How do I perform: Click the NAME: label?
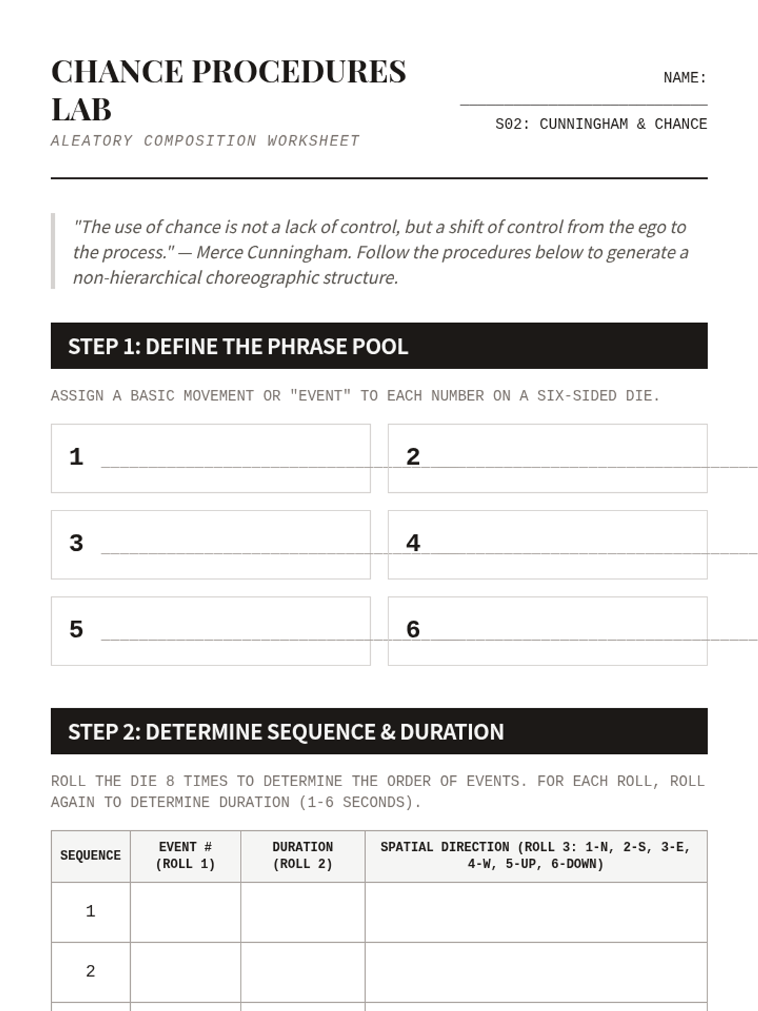click(685, 78)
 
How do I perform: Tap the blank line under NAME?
click(583, 103)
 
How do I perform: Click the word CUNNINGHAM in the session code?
click(584, 124)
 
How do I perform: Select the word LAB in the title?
click(81, 109)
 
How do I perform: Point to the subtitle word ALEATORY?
click(92, 141)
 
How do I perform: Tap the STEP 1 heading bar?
click(379, 346)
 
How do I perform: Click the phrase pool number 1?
click(76, 457)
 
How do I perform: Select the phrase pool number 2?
click(413, 457)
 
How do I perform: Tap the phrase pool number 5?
click(76, 629)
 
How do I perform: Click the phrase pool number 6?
click(413, 629)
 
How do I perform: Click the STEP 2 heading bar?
click(379, 731)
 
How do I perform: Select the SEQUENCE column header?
click(90, 856)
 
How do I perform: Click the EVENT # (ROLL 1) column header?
click(185, 856)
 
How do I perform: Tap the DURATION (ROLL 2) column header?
click(303, 856)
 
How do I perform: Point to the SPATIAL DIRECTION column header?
click(536, 856)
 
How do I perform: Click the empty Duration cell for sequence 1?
click(303, 912)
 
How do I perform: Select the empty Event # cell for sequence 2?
click(185, 972)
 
